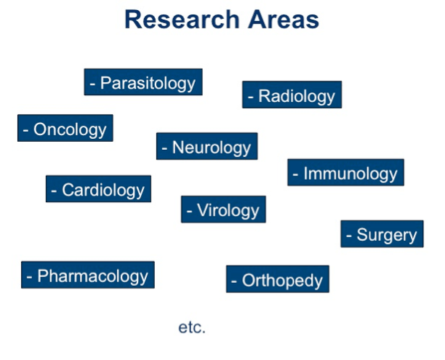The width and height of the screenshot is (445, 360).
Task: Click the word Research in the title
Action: coord(182,20)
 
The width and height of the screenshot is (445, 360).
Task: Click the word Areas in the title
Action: coord(284,20)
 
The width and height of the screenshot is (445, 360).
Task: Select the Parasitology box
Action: coord(143,82)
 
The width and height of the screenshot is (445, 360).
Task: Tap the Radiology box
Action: coord(292,95)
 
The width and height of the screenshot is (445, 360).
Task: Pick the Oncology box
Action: coord(65,128)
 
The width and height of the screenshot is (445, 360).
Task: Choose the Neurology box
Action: coord(207,146)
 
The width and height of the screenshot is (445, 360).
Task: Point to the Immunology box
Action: coord(345,172)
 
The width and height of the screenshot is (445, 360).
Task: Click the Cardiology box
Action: coord(98,189)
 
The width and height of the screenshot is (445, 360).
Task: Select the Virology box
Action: coord(223,209)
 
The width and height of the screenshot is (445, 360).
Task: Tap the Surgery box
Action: coord(382,233)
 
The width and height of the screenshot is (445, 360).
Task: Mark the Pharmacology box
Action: coord(88,275)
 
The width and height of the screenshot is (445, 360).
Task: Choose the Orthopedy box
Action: coord(278,279)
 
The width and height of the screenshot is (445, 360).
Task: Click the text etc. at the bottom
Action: coord(192,327)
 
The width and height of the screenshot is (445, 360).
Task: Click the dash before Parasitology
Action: coord(92,84)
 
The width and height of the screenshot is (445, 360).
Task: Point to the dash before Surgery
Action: coord(349,236)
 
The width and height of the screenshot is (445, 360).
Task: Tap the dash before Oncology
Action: coord(26,130)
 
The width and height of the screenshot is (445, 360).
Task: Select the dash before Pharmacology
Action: coord(30,277)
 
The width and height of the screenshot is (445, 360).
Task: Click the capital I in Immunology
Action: coord(305,173)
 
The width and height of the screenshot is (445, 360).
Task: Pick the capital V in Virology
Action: coord(203,209)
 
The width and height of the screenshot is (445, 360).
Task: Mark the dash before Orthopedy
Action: coord(234,281)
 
